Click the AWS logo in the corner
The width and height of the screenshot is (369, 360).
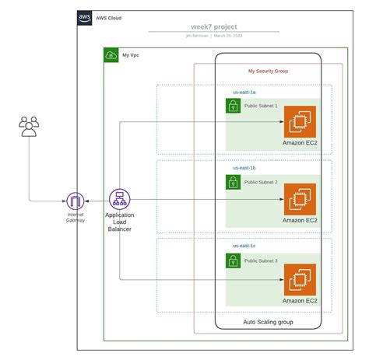point(85,17)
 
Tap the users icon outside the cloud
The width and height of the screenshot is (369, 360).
point(29,126)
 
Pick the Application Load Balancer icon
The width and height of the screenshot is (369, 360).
point(119,199)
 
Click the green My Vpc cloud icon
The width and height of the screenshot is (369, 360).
point(111,55)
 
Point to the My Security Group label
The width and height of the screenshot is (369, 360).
point(268,71)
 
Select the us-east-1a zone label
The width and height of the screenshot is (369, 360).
point(244,92)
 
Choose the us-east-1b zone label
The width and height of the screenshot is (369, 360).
point(244,167)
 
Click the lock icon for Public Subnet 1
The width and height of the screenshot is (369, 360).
point(233,106)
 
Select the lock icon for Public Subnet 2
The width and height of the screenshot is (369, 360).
point(233,182)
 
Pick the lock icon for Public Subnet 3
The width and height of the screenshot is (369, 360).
point(233,260)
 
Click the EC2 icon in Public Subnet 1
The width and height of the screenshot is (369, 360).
point(300,121)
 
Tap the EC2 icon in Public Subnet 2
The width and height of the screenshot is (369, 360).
point(300,199)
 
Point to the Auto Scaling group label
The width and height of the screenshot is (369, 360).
point(268,322)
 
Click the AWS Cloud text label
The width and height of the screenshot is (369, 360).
point(109,17)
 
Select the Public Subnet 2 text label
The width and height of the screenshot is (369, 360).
point(261,182)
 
